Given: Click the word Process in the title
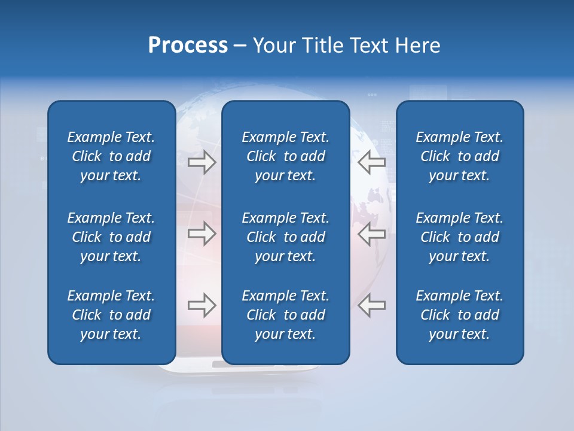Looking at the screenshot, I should [188, 45].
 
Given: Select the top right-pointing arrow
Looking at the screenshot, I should [201, 162].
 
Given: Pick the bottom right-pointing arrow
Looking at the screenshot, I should [201, 305].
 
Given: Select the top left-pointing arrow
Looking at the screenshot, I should [371, 162].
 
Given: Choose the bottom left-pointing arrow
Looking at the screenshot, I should [371, 305].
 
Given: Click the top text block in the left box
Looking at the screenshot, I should [111, 156].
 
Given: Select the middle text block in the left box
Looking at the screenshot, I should [111, 237].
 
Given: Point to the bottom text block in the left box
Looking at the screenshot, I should [111, 315].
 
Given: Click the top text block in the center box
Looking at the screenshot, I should [285, 156].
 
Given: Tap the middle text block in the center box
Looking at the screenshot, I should [285, 237].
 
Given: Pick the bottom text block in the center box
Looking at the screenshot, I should [285, 315].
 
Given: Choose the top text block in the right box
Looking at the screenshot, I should [459, 156].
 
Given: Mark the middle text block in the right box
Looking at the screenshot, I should [459, 237].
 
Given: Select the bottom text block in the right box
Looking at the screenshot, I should [459, 315].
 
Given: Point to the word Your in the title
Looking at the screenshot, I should [273, 45].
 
